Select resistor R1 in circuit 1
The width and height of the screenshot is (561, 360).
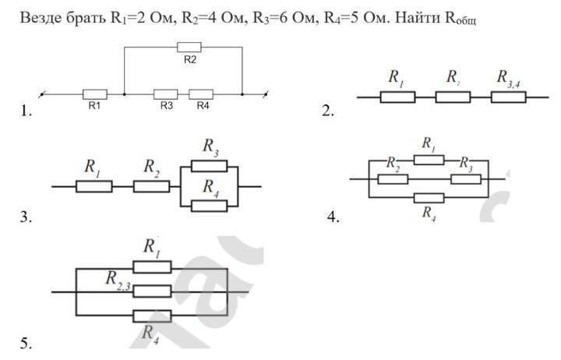click(94, 94)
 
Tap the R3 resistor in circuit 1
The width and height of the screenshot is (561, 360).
click(166, 94)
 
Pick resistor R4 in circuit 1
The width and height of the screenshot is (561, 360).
click(201, 94)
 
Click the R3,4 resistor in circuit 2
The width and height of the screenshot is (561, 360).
click(509, 97)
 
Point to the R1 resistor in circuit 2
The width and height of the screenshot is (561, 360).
click(397, 97)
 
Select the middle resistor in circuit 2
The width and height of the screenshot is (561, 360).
click(453, 97)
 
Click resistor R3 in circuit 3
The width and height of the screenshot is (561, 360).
click(209, 165)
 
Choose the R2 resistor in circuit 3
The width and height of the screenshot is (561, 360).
click(151, 187)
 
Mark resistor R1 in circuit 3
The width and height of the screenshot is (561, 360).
click(94, 187)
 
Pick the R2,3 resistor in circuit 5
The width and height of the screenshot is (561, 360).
click(152, 291)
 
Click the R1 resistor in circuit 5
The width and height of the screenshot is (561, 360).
click(152, 267)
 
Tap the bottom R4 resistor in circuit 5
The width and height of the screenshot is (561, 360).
click(152, 316)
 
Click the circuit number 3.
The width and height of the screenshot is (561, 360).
click(26, 218)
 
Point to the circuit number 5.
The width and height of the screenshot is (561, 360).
click(26, 343)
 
